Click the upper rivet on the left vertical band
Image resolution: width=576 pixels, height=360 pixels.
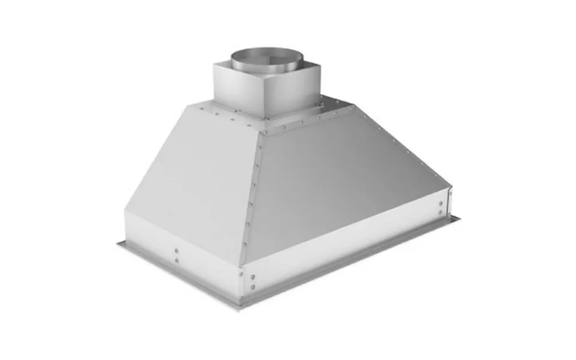176,250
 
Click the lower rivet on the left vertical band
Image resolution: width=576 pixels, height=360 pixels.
176,260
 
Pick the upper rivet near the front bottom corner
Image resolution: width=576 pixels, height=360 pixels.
251,277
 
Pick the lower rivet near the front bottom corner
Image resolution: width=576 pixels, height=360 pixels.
251,287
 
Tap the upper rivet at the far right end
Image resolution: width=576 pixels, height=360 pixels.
442,203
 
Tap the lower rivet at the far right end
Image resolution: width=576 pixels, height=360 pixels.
442,212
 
